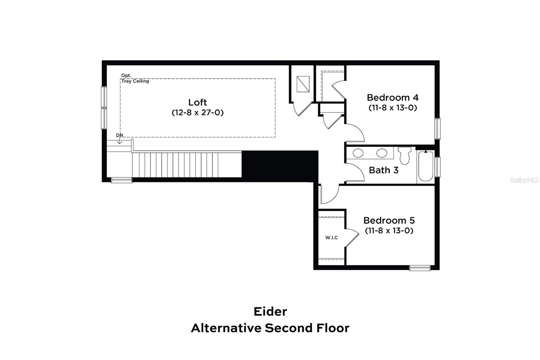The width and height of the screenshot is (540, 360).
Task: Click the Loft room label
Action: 197,102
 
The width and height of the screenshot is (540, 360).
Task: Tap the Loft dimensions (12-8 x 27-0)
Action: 197,112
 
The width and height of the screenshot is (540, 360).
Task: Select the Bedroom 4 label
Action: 393,98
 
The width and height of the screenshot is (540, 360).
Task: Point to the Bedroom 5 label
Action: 389,221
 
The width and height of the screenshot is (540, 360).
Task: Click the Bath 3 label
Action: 383,170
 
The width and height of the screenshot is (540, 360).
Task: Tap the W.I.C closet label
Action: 331,238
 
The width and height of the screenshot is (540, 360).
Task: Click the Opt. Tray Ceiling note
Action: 135,78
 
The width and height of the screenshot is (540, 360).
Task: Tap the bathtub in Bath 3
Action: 426,166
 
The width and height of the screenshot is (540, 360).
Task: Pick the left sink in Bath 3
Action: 358,153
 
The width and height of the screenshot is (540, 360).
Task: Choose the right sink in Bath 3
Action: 382,153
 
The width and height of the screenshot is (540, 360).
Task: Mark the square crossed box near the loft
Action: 303,84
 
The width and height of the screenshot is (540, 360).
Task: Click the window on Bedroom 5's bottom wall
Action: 420,268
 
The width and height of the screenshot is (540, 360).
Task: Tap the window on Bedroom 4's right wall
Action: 437,128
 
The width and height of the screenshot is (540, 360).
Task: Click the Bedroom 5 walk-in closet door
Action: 352,238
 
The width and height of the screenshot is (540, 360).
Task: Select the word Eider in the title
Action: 270,311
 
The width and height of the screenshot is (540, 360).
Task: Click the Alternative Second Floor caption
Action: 270,328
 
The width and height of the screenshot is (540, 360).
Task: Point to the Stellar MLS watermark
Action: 524,180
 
